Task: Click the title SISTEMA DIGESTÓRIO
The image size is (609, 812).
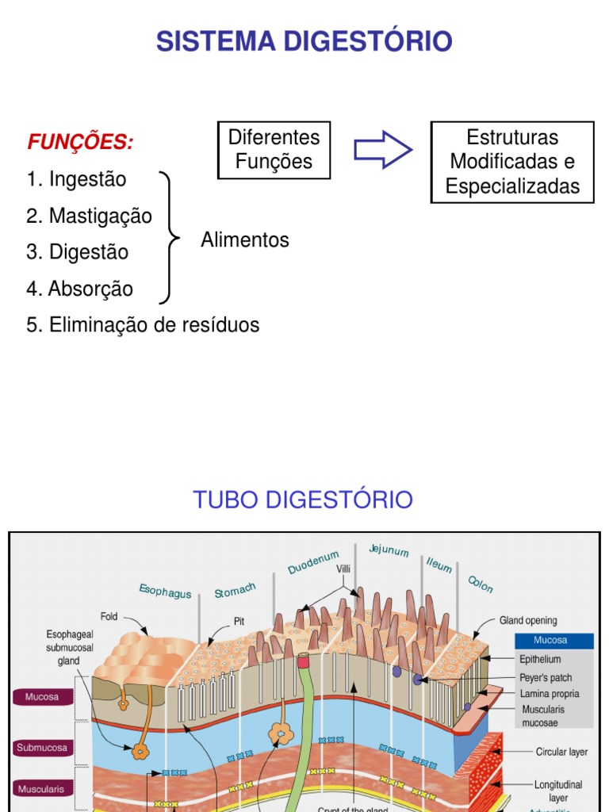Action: tap(304, 40)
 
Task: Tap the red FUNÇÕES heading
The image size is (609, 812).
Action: tap(80, 143)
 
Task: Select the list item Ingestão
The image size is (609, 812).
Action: tap(76, 179)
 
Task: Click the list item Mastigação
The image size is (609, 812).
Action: tap(89, 216)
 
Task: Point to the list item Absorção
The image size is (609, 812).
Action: tap(79, 289)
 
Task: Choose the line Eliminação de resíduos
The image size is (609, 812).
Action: tap(143, 325)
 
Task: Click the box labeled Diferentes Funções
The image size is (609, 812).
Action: tap(274, 150)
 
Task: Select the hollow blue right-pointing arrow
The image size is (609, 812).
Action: tap(382, 150)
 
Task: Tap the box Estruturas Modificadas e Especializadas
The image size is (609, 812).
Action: tap(512, 162)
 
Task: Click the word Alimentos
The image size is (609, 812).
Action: tap(245, 240)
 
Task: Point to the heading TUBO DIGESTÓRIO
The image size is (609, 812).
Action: tap(304, 500)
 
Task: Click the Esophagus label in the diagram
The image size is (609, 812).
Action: tap(165, 591)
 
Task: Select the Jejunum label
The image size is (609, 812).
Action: tap(389, 550)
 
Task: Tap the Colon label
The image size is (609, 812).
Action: tap(481, 584)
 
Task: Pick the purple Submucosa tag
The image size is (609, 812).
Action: tap(42, 748)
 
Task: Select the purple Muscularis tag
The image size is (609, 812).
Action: tap(42, 789)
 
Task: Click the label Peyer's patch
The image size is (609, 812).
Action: tap(546, 677)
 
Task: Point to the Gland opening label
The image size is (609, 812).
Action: tap(528, 621)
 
